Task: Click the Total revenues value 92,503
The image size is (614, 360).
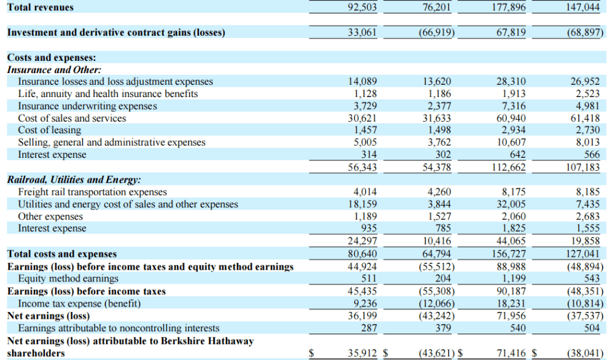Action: (x=362, y=7)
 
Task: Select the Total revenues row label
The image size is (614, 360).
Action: (x=40, y=7)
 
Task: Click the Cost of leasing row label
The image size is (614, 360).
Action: (x=50, y=130)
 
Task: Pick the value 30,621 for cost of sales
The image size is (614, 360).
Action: (x=362, y=118)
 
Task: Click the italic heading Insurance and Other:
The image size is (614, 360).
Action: (x=54, y=70)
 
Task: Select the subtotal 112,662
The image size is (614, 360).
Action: (x=510, y=167)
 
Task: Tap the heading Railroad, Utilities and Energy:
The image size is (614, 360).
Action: (x=74, y=180)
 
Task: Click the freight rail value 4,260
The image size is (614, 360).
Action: (x=438, y=192)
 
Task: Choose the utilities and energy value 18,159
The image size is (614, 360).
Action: (x=362, y=205)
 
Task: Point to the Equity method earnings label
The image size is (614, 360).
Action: (x=68, y=279)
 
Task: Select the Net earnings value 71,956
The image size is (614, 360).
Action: (x=510, y=316)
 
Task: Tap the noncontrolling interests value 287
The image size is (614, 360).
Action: (x=368, y=328)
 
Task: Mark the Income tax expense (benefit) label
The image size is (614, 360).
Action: (x=80, y=303)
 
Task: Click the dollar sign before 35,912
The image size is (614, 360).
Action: (x=311, y=353)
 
